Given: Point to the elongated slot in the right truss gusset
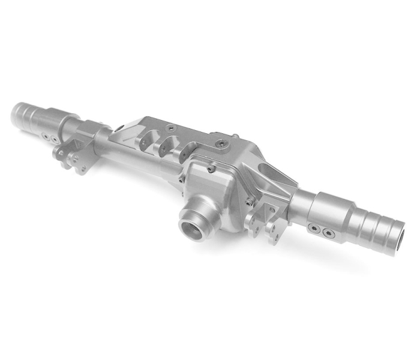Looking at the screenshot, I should pyautogui.click(x=274, y=175).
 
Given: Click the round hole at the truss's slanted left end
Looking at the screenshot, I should pyautogui.click(x=119, y=127).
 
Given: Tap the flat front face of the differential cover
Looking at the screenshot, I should pyautogui.click(x=222, y=192).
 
